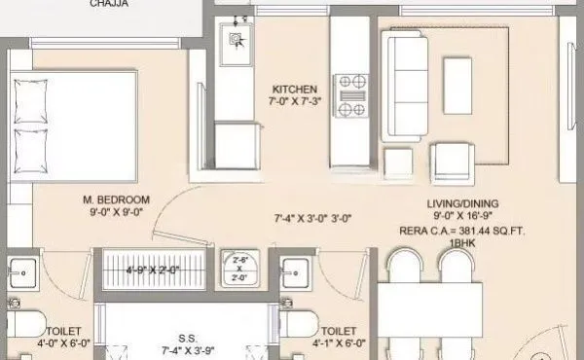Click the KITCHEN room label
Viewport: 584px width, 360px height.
pyautogui.click(x=289, y=88)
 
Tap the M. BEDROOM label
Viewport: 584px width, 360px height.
pyautogui.click(x=114, y=201)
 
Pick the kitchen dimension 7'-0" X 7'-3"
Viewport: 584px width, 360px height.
pyautogui.click(x=289, y=101)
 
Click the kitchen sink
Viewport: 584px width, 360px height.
pyautogui.click(x=236, y=40)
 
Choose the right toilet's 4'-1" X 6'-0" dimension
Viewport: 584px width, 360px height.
pyautogui.click(x=340, y=343)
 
